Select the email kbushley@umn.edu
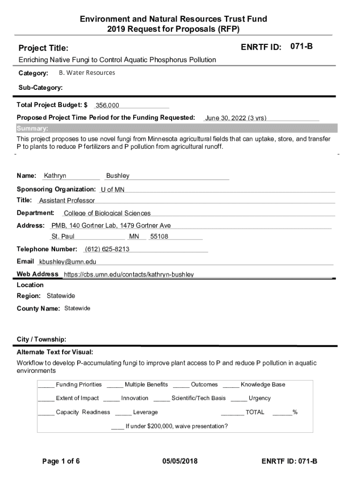[68, 262]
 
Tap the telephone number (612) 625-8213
[107, 249]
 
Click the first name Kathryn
[55, 176]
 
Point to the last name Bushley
[118, 176]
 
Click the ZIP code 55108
[159, 237]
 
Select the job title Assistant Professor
[67, 201]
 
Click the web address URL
[129, 275]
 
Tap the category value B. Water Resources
[87, 73]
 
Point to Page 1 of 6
[61, 462]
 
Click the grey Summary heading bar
[177, 129]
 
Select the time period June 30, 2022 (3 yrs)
[236, 118]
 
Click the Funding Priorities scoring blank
[46, 385]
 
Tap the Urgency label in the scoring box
[259, 399]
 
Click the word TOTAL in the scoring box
[255, 413]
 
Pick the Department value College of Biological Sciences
[107, 213]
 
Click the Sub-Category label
[41, 87]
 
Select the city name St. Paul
[63, 237]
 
